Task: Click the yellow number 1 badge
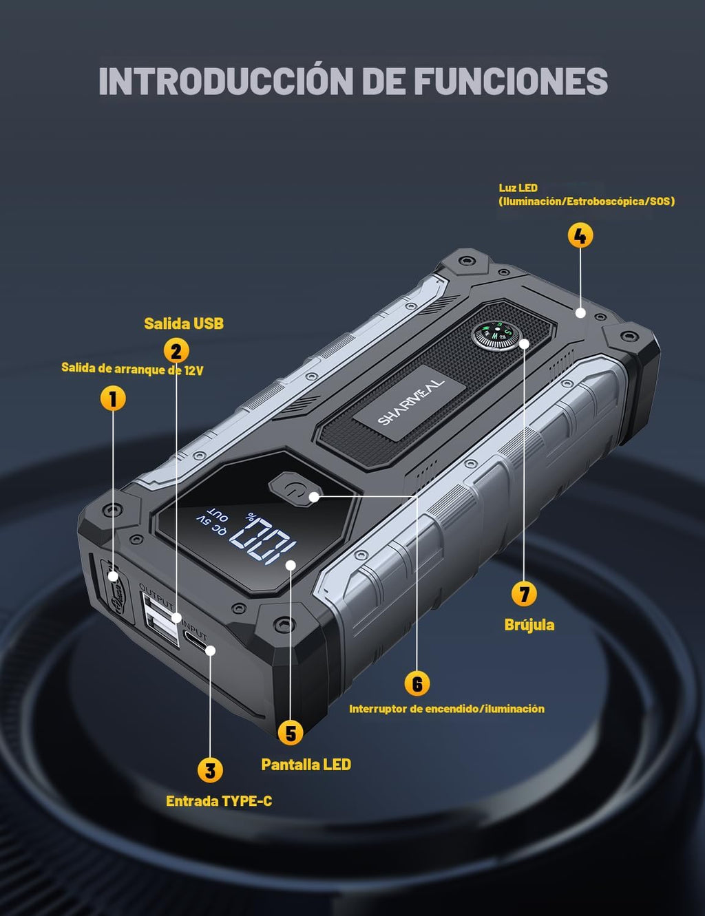click(113, 398)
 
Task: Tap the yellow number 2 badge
click(176, 351)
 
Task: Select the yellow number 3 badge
click(210, 769)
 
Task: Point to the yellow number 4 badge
click(580, 235)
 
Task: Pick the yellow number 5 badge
click(291, 733)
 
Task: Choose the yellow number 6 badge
click(417, 683)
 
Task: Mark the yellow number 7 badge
click(524, 595)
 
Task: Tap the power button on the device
click(295, 489)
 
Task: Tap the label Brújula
click(529, 625)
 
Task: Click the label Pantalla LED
click(306, 764)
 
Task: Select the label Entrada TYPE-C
click(219, 801)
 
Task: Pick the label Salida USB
click(184, 323)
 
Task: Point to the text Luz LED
click(518, 188)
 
